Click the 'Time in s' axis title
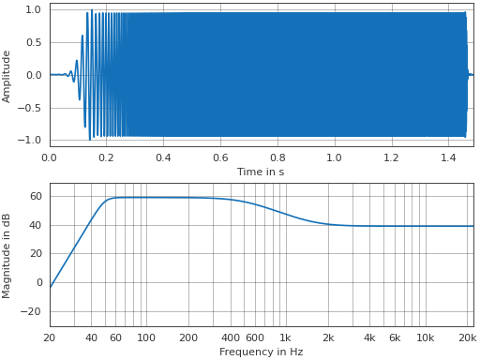click(261, 172)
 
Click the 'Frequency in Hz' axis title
click(261, 352)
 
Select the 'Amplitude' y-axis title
click(7, 76)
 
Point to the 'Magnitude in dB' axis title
click(7, 255)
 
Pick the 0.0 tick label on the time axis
click(50, 157)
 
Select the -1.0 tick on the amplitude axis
click(31, 140)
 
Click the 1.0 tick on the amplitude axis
click(34, 9)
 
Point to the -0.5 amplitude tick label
click(31, 108)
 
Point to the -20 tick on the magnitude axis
click(35, 311)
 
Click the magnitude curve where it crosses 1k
click(285, 213)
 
